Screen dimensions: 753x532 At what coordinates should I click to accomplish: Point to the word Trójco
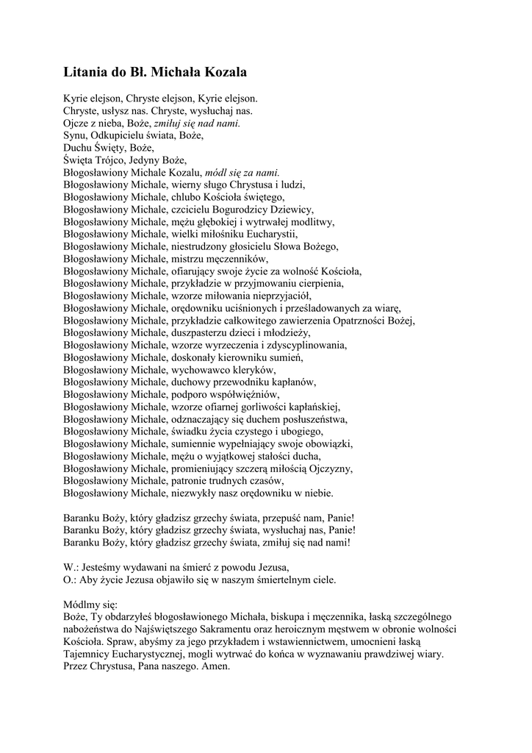[112, 160]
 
